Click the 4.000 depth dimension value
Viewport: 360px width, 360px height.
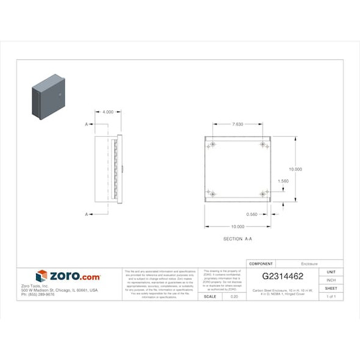[107, 112]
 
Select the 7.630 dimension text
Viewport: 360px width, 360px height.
[237, 124]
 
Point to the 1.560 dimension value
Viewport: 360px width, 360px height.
[283, 181]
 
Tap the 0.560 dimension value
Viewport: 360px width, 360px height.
[251, 214]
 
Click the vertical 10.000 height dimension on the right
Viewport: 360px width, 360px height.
[295, 169]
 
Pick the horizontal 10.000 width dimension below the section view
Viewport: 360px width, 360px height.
[237, 226]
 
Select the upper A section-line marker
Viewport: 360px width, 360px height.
[86, 124]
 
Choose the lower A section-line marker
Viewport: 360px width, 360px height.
[86, 214]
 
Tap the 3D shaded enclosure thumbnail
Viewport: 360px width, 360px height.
[48, 96]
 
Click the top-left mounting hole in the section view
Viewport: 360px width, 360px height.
[211, 145]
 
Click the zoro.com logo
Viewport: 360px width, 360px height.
[68, 276]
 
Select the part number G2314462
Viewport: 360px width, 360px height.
[283, 276]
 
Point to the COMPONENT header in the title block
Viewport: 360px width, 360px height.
[261, 264]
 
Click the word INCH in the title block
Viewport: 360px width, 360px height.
[331, 280]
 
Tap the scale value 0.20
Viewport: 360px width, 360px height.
[234, 297]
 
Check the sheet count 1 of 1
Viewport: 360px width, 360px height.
[331, 297]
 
